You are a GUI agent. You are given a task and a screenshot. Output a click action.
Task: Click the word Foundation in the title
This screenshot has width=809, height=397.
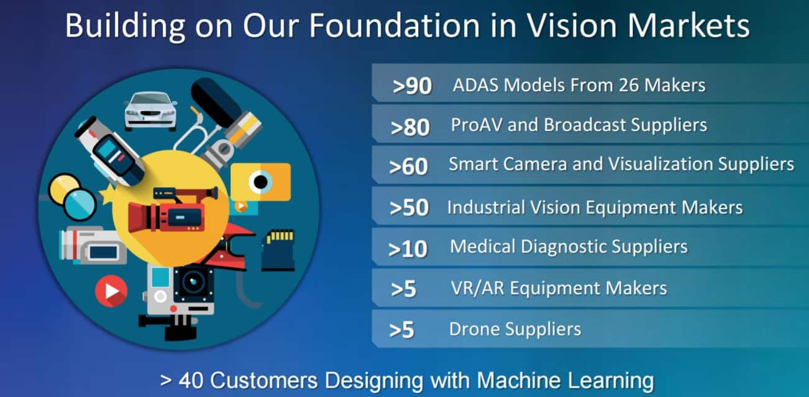394,25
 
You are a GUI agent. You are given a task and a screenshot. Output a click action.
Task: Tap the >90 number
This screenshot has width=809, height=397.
412,86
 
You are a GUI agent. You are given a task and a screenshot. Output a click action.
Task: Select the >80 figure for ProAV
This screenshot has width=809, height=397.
410,127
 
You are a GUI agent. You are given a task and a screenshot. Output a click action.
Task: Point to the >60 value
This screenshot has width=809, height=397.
408,167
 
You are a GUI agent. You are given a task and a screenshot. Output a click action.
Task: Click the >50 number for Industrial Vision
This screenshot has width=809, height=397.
409,208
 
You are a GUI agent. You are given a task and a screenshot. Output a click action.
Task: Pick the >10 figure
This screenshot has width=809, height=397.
408,249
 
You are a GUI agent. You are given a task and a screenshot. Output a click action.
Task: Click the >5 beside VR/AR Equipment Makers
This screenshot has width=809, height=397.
404,289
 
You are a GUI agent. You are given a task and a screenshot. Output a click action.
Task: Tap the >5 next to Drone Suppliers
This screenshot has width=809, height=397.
401,330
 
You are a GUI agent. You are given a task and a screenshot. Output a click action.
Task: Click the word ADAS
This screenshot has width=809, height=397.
475,86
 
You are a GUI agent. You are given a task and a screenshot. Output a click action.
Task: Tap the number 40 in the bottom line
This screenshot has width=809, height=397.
191,380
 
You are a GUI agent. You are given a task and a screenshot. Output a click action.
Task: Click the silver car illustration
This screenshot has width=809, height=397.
150,111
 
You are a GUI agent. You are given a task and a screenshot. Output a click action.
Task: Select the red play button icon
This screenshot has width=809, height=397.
111,291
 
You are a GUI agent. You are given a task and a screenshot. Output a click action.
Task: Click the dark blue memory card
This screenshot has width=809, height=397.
278,249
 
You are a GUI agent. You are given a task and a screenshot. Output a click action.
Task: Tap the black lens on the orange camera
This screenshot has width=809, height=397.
260,182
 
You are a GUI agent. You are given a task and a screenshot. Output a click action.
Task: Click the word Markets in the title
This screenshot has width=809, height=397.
688,25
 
